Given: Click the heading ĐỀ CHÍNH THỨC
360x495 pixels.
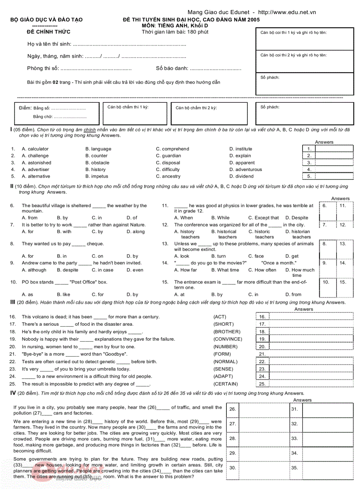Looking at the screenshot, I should (49, 32).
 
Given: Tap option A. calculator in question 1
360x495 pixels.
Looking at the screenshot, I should (35, 149).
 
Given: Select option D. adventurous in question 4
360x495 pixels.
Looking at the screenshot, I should (245, 170).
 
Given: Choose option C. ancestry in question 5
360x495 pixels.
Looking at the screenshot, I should (168, 177).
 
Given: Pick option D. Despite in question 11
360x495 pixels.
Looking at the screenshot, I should (296, 218).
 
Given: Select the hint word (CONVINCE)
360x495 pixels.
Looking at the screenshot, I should (228, 339).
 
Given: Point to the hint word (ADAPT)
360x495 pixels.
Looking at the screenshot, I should (224, 377).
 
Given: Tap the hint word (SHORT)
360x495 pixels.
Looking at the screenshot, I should (224, 324).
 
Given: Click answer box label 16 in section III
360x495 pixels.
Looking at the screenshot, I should (262, 317).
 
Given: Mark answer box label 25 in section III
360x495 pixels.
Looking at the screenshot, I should (262, 384).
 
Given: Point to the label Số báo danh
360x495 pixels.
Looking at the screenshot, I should (172, 68).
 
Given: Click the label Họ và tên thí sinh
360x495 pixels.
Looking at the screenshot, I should (49, 45).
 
